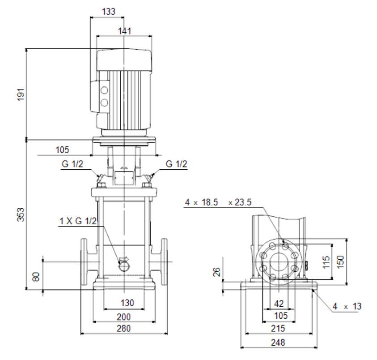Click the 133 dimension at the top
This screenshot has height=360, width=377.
coord(108,12)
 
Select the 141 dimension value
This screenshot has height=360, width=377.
coord(124,31)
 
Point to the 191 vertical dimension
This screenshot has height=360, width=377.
coord(21,94)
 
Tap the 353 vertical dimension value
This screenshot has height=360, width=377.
coord(21,214)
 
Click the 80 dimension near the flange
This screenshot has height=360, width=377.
coord(36,277)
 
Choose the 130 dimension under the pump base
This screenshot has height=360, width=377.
coord(127,303)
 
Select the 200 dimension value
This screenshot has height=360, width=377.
coord(123,317)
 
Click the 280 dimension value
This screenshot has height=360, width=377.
coord(123,329)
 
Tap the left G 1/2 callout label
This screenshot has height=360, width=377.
coord(72,164)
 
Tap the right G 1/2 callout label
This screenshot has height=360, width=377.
coord(176,164)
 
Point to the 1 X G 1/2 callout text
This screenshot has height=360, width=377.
coord(78,221)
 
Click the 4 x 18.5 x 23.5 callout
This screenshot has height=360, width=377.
coord(218,202)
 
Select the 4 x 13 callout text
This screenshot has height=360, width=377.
coord(347,306)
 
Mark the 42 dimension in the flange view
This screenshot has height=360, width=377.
coord(279,304)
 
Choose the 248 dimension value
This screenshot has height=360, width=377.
coord(278,343)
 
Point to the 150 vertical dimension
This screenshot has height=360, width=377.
coord(340,262)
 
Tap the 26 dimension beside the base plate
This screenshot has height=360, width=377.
coord(217,272)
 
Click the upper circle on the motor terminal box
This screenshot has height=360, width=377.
coord(104,90)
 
